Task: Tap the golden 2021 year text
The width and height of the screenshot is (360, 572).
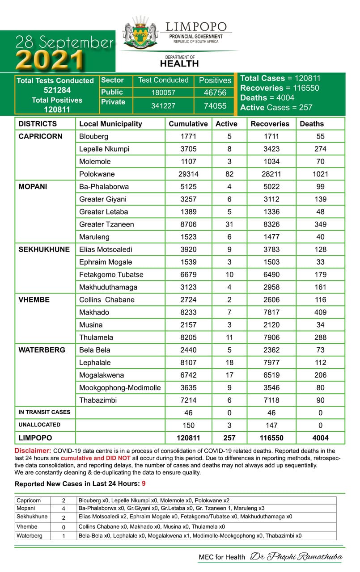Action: coord(51,59)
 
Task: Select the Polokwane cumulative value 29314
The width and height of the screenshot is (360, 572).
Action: coord(188,174)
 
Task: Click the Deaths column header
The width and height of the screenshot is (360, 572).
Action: coord(311,124)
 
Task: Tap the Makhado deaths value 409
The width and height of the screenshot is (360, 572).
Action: coord(320,312)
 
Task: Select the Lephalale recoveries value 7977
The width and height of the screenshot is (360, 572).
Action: coord(271,362)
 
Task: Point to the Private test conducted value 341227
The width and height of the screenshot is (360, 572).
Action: coord(163,105)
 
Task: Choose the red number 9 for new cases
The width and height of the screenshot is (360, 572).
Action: coord(144,484)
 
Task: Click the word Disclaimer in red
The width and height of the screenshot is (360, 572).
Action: coord(33,451)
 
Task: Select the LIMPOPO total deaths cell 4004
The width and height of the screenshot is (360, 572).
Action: coord(320,438)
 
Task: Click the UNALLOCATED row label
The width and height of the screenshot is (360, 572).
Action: coord(39,425)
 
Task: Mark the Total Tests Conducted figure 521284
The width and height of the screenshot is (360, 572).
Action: coord(55,90)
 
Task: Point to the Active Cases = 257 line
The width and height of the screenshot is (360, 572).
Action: coord(276,107)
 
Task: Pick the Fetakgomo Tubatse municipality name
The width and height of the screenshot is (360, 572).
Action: coord(111,274)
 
